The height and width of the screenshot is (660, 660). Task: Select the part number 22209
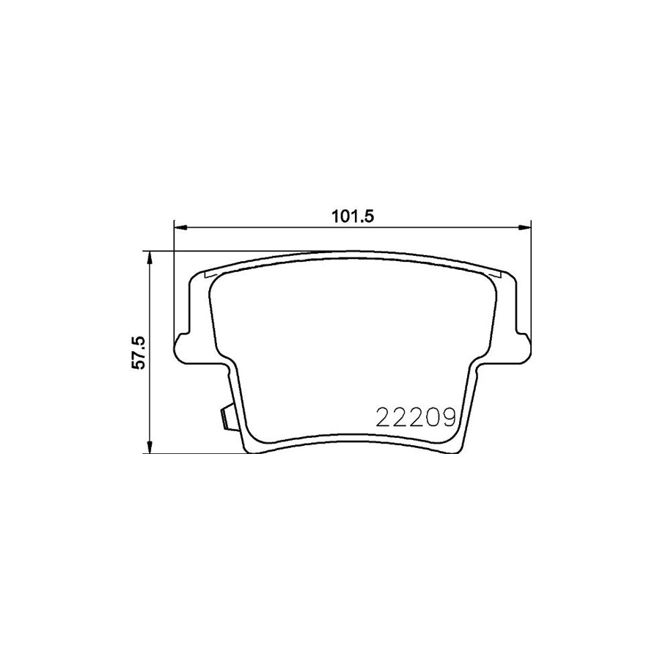pos(416,417)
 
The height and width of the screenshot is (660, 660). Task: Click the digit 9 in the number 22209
pos(449,417)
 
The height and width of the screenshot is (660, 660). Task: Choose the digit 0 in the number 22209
pos(433,417)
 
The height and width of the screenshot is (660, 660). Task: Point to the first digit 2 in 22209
pos(383,417)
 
